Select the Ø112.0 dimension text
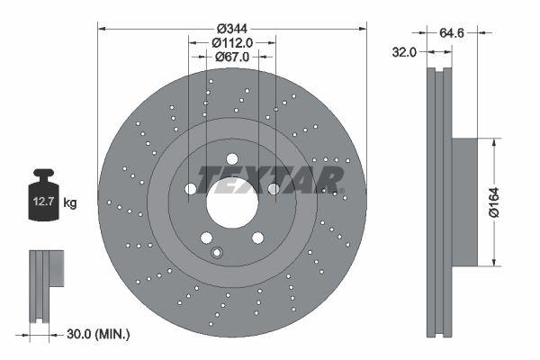click(x=231, y=41)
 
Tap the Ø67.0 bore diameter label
click(x=231, y=57)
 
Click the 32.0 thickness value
click(x=404, y=52)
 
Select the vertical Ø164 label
click(x=506, y=202)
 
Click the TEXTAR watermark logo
click(x=270, y=177)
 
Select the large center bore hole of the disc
click(x=232, y=202)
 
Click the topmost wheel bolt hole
click(x=232, y=158)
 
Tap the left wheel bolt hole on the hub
click(x=190, y=189)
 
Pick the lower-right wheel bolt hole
click(x=258, y=238)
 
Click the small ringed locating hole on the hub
click(x=216, y=253)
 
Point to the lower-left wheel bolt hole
click(x=206, y=238)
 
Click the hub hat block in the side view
click(x=463, y=202)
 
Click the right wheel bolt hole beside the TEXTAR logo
click(x=274, y=189)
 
